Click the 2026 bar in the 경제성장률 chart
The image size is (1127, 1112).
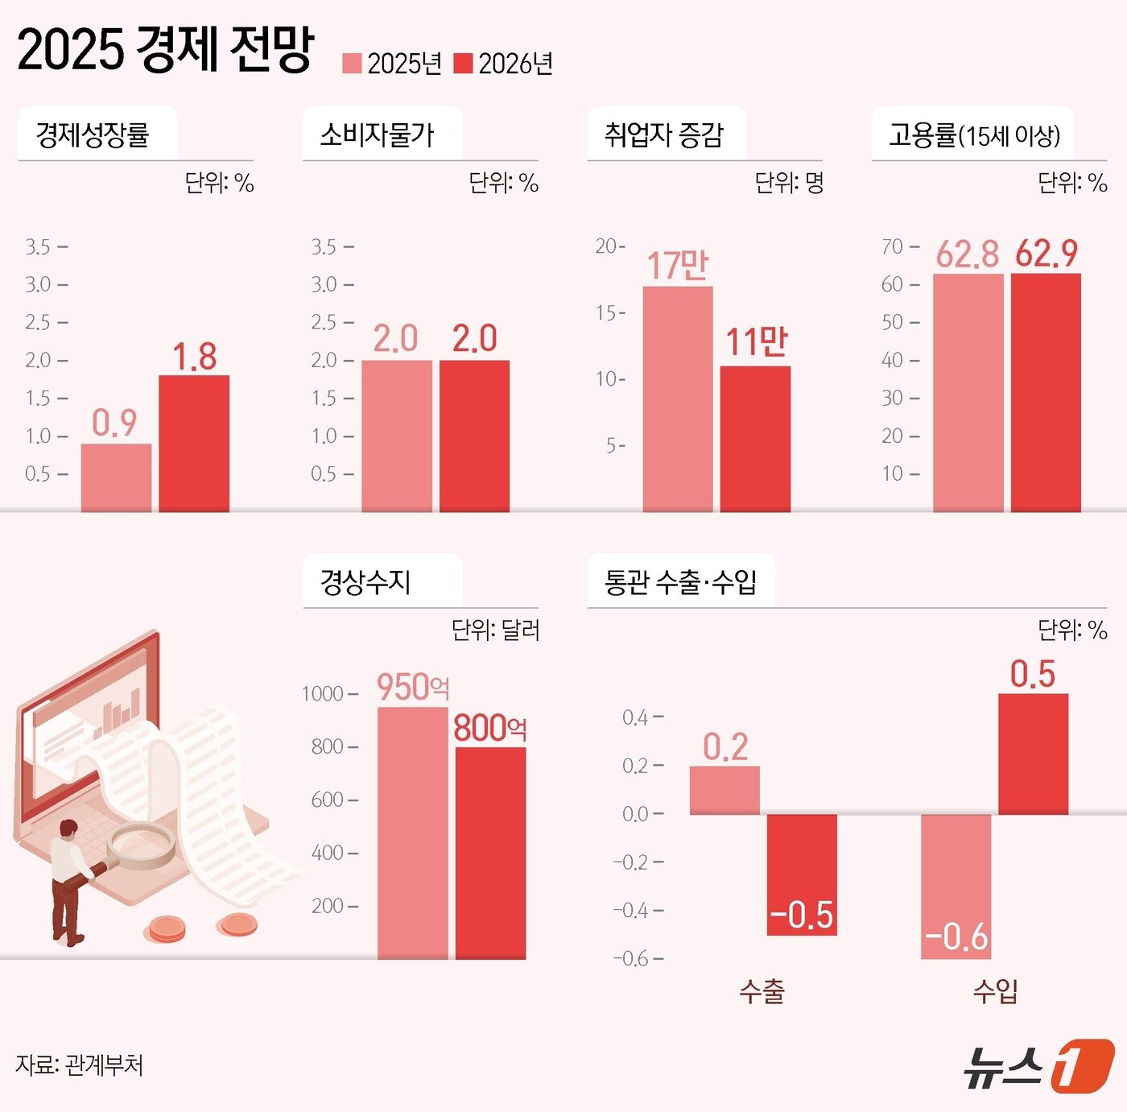point(194,443)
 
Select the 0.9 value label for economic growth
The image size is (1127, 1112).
point(114,423)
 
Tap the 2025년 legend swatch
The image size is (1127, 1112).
point(352,64)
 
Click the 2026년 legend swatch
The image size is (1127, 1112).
point(463,64)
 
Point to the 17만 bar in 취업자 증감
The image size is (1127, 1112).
point(677,399)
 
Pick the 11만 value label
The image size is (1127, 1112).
point(756,342)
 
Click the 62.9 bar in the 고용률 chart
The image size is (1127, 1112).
point(1046,392)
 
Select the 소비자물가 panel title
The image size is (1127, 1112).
point(377,134)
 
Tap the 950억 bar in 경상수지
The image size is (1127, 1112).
point(412,833)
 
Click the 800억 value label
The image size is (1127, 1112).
point(489,728)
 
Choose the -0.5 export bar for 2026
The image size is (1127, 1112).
point(802,874)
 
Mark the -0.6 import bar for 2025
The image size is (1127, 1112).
point(956,886)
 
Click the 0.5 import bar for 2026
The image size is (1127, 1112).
point(1033,754)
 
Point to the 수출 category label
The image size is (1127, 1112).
point(762,991)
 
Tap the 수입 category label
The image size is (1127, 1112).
point(995,991)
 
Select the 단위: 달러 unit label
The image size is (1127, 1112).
point(495,630)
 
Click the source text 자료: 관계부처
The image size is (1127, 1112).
point(79,1065)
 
